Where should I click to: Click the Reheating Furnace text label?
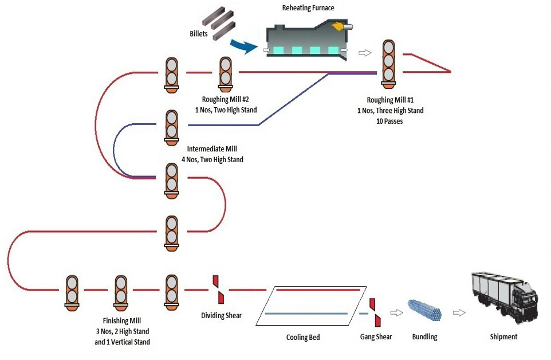pos(308,8)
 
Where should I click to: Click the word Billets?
pos(199,34)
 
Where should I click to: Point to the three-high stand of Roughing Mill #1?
pos(389,64)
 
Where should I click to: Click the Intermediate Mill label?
pos(212,149)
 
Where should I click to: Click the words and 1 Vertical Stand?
pos(123,342)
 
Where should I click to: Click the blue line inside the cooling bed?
pos(306,314)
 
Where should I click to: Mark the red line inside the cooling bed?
pos(318,290)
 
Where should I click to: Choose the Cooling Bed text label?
pos(303,337)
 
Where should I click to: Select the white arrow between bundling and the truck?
pos(458,312)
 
